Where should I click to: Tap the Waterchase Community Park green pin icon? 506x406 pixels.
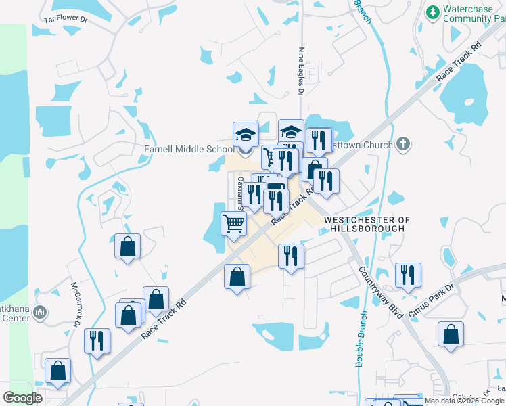point(433,12)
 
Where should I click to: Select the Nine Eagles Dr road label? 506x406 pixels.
point(302,69)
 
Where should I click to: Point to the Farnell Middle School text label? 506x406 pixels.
point(189,149)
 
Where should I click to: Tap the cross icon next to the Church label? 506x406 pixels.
point(402,143)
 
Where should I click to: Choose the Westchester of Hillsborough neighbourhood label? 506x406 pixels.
point(367,225)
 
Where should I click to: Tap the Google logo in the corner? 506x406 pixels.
point(22,398)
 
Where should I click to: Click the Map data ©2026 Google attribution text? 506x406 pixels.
point(464,401)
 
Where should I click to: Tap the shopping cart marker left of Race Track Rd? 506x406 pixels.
point(233,223)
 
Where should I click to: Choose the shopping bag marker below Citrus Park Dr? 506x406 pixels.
point(451,335)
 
